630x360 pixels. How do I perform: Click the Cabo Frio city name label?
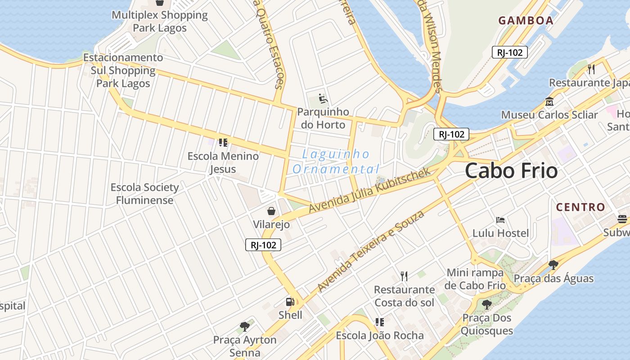[x=511, y=171]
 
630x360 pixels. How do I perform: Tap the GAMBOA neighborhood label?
[x=526, y=20]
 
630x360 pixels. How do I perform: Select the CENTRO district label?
[x=580, y=207]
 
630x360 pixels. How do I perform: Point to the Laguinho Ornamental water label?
[x=336, y=162]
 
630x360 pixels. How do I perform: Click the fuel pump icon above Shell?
[x=290, y=302]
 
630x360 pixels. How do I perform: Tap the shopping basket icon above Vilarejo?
[x=271, y=211]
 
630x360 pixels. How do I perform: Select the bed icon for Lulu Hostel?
[x=500, y=220]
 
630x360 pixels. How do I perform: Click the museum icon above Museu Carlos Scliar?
[x=549, y=101]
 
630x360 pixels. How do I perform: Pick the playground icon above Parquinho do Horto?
[x=323, y=98]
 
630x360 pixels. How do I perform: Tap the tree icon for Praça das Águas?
[x=553, y=265]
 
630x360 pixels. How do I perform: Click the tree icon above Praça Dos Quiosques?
[x=486, y=305]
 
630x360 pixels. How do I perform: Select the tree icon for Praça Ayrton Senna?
[x=245, y=326]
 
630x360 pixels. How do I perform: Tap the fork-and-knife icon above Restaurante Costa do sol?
[x=404, y=276]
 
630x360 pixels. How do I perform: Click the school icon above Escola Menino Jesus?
[x=223, y=143]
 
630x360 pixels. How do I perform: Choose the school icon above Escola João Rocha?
[x=380, y=322]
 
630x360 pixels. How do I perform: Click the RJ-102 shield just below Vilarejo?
[x=263, y=245]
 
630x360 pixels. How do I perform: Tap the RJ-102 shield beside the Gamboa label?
[x=509, y=52]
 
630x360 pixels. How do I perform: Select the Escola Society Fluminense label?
[x=144, y=193]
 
